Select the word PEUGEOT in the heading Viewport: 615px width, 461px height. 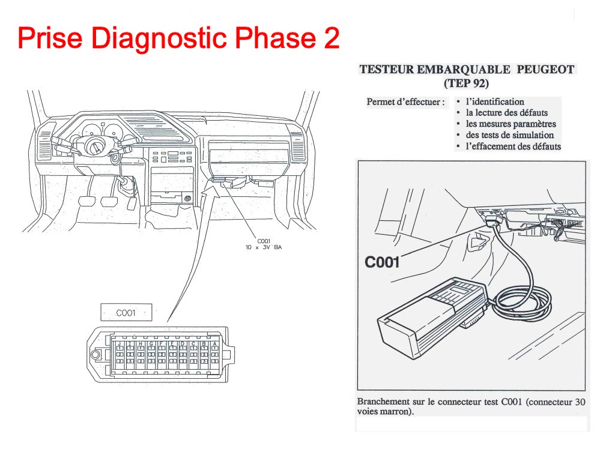pyautogui.click(x=545, y=70)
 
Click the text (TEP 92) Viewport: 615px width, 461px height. pyautogui.click(x=467, y=83)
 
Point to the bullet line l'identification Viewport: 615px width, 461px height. pyautogui.click(x=495, y=102)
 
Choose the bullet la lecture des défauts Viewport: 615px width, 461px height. pyautogui.click(x=506, y=113)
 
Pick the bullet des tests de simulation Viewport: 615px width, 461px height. pyautogui.click(x=509, y=135)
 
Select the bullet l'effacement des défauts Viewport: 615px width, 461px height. pyautogui.click(x=513, y=146)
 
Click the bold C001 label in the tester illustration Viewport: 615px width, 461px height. pyautogui.click(x=382, y=262)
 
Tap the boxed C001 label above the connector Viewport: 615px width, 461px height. pyautogui.click(x=126, y=313)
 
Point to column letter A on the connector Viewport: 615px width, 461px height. pyautogui.click(x=215, y=344)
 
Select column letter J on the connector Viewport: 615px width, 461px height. pyautogui.click(x=119, y=344)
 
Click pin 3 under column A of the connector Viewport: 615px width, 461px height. pyautogui.click(x=215, y=361)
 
